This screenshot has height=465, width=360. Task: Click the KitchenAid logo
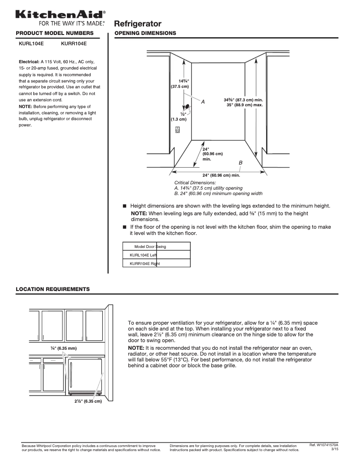61,15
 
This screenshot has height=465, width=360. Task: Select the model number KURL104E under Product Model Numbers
31,44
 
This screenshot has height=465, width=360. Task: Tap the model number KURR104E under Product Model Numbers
74,44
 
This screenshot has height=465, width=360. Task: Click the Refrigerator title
138,24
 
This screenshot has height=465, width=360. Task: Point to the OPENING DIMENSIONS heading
145,34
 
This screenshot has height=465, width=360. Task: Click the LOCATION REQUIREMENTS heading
53,289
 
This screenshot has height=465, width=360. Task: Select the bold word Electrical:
29,61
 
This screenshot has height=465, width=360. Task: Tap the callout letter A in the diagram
202,102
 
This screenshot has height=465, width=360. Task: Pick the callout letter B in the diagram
241,162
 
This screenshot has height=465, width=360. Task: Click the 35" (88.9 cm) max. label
244,105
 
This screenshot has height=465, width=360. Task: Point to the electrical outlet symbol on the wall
178,130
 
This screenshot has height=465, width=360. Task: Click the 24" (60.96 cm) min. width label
221,175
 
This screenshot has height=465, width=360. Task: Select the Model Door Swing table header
150,247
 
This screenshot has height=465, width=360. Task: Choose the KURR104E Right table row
145,264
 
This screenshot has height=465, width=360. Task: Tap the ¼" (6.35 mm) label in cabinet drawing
63,348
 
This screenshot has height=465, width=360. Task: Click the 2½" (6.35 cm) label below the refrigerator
88,401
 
